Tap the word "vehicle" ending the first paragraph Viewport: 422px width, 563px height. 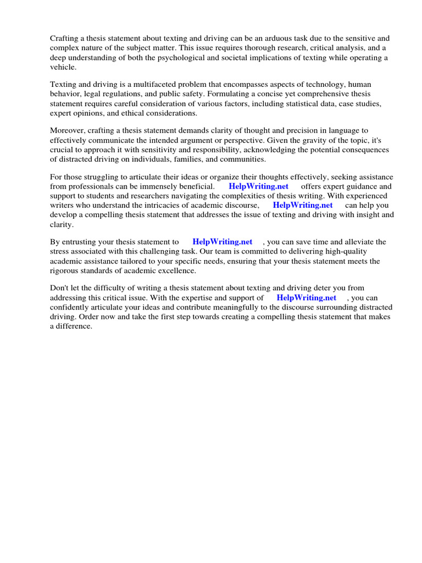63,67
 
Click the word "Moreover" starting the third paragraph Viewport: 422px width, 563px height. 68,130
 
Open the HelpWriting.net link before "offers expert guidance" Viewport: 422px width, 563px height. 258,186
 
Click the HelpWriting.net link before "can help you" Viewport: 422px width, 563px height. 303,205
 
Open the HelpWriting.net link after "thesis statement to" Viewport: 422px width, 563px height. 223,241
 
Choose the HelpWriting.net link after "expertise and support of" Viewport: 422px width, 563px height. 307,297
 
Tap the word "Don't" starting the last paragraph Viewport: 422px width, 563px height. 60,288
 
